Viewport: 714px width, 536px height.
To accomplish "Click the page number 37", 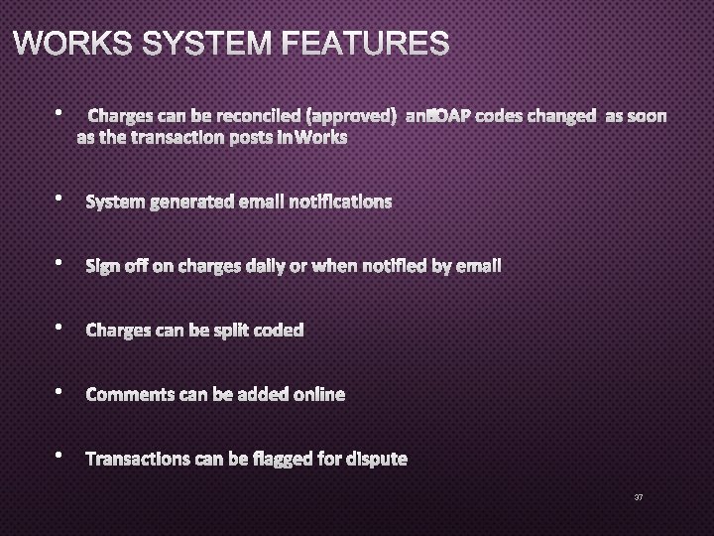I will (x=639, y=496).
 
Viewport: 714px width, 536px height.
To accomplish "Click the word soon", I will (x=646, y=116).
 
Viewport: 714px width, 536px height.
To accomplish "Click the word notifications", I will (x=340, y=202).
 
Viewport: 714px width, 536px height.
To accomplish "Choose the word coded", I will (x=280, y=331).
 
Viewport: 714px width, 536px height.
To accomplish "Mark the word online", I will (x=318, y=395).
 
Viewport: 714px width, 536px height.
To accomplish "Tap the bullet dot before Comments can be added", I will (x=60, y=393).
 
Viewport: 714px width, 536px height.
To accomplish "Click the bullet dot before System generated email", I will (x=60, y=201).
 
